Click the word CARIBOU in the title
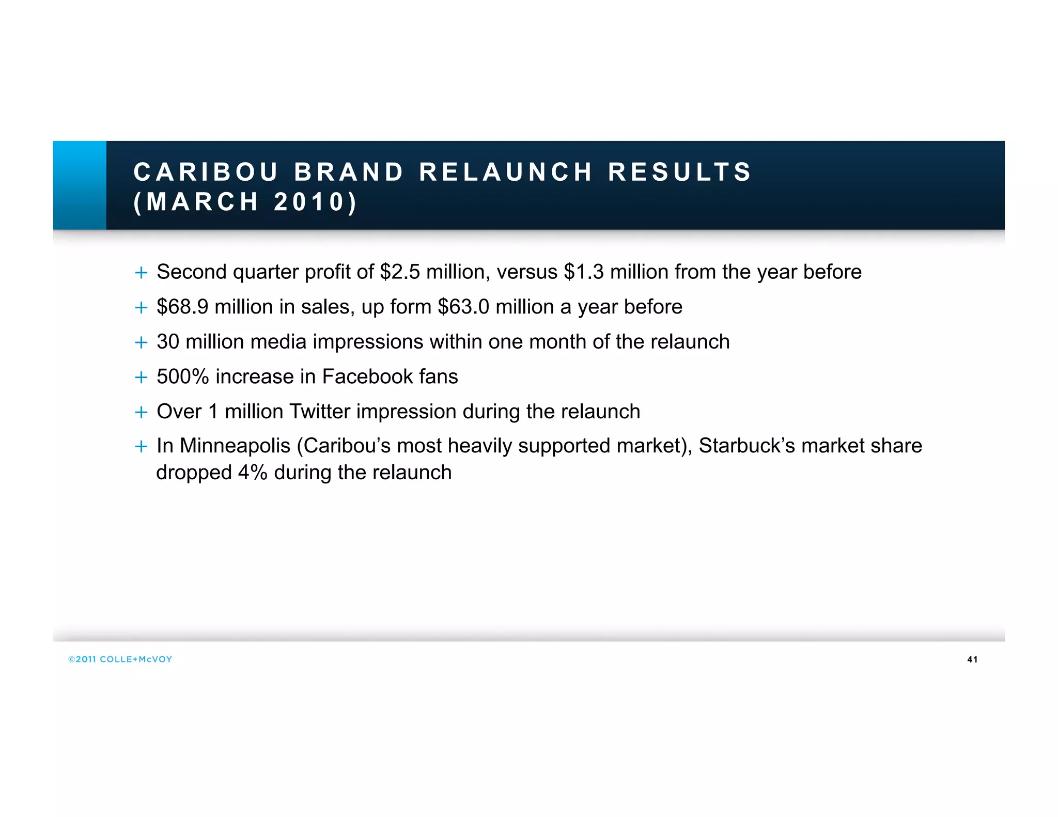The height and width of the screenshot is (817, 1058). (x=206, y=172)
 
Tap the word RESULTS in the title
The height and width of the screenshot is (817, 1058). (x=679, y=172)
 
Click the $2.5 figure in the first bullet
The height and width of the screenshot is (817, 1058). (x=400, y=272)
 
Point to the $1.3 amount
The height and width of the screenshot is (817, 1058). (x=584, y=272)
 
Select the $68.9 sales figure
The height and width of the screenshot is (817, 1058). (x=182, y=307)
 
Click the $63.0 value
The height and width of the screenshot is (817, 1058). (x=463, y=307)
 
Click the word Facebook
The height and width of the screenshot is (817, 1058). (x=367, y=376)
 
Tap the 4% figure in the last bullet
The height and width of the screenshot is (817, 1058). (x=253, y=473)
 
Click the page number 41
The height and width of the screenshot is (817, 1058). (x=972, y=659)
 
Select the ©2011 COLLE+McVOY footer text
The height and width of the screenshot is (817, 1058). (x=120, y=659)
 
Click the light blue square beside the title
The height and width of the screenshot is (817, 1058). (x=80, y=185)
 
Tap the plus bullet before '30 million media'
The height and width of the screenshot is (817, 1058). (x=141, y=342)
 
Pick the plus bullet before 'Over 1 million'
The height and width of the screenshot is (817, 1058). (x=141, y=412)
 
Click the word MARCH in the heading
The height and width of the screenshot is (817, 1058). (x=203, y=202)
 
